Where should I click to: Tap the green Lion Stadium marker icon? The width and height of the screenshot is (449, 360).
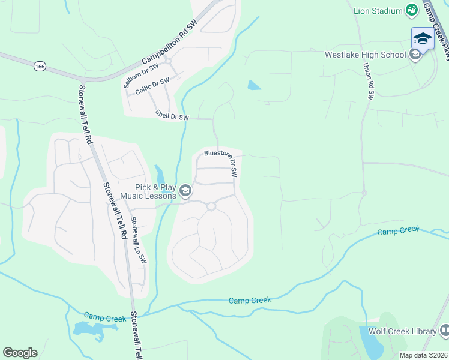(x=412, y=10)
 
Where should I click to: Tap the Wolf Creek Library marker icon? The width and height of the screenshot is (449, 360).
(x=445, y=331)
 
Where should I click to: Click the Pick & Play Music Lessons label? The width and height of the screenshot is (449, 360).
(x=148, y=191)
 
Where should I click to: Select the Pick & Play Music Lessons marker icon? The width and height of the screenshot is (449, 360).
(x=185, y=191)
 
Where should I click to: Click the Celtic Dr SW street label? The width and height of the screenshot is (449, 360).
(x=151, y=85)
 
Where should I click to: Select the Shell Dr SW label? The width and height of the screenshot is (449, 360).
(x=172, y=115)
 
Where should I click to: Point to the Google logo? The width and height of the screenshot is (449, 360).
(x=20, y=353)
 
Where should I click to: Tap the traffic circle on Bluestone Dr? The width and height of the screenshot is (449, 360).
(x=211, y=206)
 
